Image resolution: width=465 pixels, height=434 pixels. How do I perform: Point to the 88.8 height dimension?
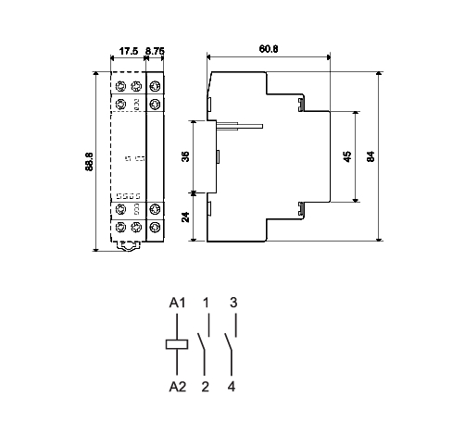(88, 160)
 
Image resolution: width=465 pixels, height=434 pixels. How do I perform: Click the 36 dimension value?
(184, 156)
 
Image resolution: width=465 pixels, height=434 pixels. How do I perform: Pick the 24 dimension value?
(184, 218)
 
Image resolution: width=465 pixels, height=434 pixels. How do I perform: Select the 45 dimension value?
(346, 156)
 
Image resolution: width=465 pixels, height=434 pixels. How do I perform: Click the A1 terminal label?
(177, 303)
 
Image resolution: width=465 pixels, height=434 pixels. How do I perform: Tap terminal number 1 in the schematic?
(206, 303)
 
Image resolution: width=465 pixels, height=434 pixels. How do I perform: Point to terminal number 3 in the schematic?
(233, 303)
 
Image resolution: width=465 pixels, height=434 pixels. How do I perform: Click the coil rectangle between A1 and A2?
(177, 344)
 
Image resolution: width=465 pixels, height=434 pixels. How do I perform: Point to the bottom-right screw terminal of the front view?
(155, 227)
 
